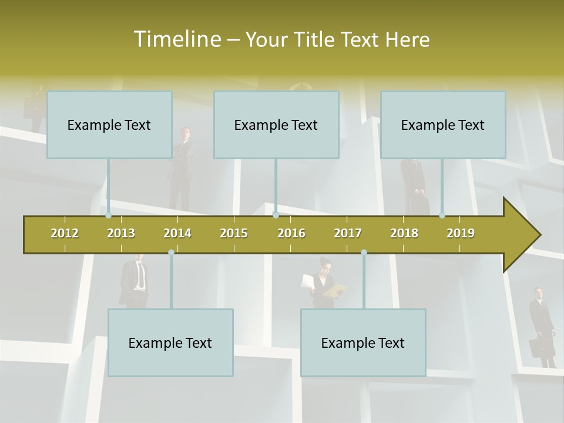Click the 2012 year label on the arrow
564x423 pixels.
click(x=65, y=233)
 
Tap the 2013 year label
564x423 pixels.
click(x=121, y=233)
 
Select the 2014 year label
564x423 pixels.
click(x=177, y=233)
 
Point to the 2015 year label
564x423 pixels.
click(x=234, y=233)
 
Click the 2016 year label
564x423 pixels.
click(x=291, y=233)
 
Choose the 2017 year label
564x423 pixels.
click(x=348, y=233)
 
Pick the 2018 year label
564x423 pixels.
click(x=404, y=233)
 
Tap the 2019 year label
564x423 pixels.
click(x=461, y=233)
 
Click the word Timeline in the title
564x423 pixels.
click(x=177, y=39)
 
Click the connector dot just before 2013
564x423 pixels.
click(x=109, y=216)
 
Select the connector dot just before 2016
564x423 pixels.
click(x=276, y=216)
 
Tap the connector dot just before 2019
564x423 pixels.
click(x=442, y=216)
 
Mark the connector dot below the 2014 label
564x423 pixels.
click(x=171, y=253)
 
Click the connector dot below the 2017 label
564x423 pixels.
click(x=364, y=253)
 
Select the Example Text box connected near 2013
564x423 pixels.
click(x=109, y=125)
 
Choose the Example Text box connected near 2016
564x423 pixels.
click(x=276, y=125)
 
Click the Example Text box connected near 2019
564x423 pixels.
click(x=443, y=125)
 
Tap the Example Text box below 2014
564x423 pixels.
click(x=170, y=343)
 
